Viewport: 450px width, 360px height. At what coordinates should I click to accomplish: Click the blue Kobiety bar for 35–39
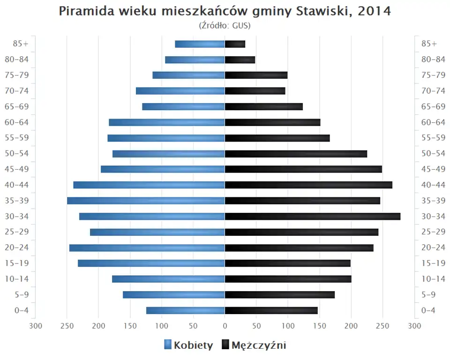click(146, 201)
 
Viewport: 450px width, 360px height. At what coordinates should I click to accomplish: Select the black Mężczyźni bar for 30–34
click(313, 216)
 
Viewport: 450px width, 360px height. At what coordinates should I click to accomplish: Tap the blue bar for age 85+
click(200, 44)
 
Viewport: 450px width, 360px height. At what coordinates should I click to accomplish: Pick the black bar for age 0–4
click(271, 310)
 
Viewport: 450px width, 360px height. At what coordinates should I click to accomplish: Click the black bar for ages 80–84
click(240, 60)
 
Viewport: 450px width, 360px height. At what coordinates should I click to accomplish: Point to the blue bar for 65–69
click(183, 106)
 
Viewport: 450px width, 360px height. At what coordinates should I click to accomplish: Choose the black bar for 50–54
click(296, 154)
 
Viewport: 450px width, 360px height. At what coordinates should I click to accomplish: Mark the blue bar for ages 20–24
click(147, 247)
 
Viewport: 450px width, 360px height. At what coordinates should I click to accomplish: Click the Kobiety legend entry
click(188, 345)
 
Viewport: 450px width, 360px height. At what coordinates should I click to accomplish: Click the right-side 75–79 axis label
click(433, 75)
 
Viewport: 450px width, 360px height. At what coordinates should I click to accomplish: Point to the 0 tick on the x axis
click(225, 326)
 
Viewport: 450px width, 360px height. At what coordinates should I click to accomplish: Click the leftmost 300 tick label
click(36, 326)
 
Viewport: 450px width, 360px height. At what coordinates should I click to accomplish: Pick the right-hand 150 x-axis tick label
click(320, 326)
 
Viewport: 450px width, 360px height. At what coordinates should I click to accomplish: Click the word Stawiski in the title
click(322, 11)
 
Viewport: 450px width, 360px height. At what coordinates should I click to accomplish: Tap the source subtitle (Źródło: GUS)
click(225, 25)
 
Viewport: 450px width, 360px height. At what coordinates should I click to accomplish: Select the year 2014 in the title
click(374, 11)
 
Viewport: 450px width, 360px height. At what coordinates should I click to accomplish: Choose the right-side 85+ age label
click(429, 44)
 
